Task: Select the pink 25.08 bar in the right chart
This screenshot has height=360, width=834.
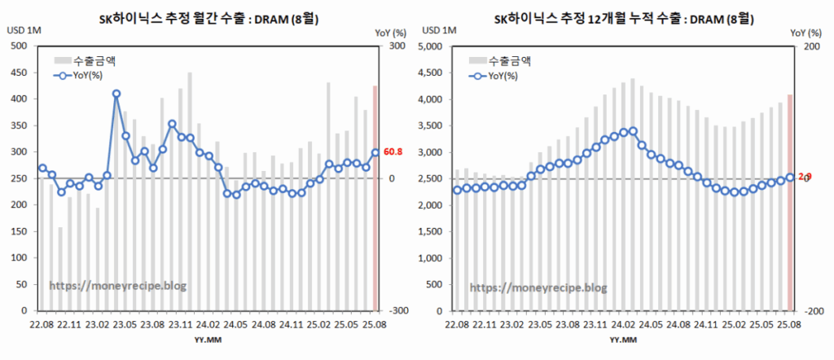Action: click(x=789, y=203)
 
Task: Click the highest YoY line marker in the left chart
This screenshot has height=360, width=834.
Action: click(x=116, y=94)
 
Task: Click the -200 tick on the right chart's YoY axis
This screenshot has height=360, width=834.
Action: click(x=810, y=311)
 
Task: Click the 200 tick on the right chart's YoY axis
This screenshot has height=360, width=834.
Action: click(x=808, y=46)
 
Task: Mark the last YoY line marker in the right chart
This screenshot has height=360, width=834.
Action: click(x=789, y=178)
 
